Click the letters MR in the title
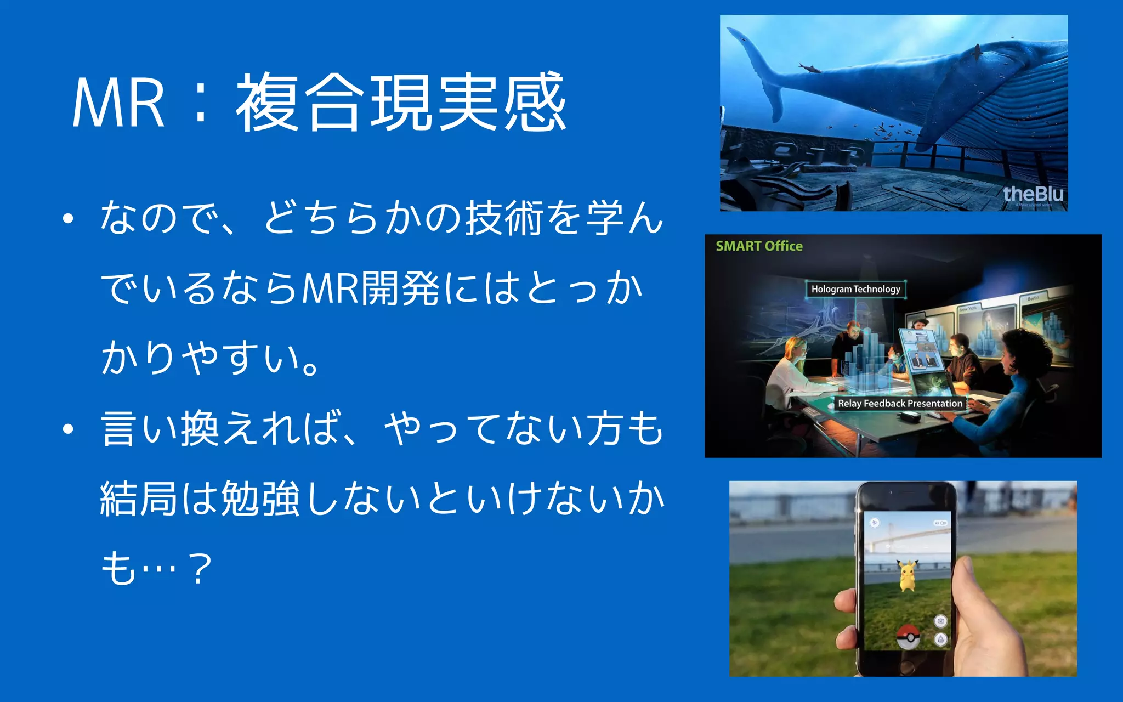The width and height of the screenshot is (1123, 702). pos(118,104)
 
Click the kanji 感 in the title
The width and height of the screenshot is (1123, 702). pos(535,103)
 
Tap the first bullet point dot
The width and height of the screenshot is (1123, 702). pos(68,219)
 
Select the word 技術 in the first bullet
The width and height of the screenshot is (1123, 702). pos(504,218)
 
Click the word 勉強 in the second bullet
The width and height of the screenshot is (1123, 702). pos(260,499)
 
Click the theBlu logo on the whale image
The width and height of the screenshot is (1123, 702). pos(1033,194)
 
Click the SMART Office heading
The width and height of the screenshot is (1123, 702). pos(759,246)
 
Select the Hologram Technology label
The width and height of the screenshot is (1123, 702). pos(855,289)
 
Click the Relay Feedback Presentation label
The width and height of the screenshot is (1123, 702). pos(899,404)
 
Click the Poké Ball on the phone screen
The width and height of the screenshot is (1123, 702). pos(908,636)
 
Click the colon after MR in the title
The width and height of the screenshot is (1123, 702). pos(201,104)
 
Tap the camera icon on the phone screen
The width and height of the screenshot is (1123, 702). pos(941,621)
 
